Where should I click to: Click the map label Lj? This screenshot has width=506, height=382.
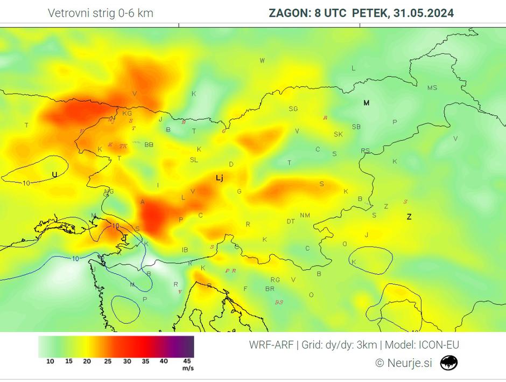219,178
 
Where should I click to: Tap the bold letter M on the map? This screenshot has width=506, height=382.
367,102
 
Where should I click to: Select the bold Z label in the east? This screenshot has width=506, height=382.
409,217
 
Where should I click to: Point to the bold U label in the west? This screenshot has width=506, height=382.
54,174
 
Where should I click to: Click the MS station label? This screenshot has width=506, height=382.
432,87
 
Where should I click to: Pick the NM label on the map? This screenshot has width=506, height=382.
305,215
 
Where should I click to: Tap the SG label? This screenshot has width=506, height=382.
293,108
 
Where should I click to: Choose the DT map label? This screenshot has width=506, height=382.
291,221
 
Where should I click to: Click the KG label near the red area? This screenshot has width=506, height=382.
127,113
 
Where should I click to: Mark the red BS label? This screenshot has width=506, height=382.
279,302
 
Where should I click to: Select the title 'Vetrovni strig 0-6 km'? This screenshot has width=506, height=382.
101,13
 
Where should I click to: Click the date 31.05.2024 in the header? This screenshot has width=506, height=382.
424,13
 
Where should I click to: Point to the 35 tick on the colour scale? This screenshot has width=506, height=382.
145,361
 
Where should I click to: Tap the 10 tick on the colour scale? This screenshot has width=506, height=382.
50,361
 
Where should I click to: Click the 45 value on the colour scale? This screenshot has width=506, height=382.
187,361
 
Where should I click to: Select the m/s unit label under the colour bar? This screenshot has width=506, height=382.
188,369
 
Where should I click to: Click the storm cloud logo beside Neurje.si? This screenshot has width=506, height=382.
448,363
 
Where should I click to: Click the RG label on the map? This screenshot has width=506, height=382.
275,280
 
